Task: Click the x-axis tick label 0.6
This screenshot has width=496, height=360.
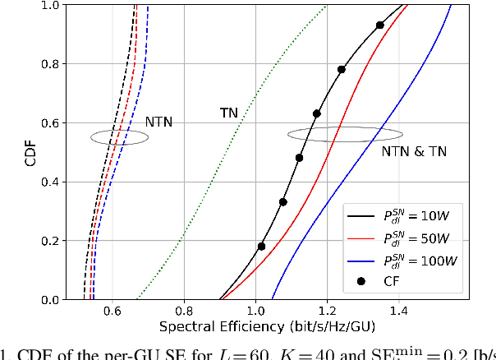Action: (112, 312)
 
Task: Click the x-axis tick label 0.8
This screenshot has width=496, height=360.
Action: (184, 312)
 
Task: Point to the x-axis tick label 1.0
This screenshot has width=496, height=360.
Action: (255, 312)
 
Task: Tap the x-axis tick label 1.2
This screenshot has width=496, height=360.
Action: (327, 312)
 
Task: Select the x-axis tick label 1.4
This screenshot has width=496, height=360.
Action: (398, 312)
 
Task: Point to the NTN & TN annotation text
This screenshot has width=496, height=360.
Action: (408, 151)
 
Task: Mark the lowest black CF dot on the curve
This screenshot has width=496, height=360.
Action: (261, 246)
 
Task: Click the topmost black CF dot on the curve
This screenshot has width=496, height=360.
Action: (379, 25)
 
